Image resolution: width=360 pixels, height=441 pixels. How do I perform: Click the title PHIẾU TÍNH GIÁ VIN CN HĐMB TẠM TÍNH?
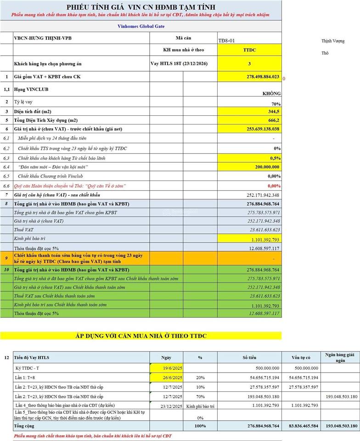141,7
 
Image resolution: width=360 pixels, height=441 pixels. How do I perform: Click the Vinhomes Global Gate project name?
141,26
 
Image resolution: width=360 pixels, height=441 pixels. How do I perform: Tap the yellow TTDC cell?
249,50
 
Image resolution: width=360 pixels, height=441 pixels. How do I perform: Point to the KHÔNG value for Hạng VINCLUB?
271,93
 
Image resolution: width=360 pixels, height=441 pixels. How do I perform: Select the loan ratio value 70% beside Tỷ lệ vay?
276,104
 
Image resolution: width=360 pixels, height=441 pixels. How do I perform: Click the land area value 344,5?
274,112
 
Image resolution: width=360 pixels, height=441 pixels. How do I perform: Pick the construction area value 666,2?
274,120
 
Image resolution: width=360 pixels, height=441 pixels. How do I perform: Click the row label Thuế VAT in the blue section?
23,230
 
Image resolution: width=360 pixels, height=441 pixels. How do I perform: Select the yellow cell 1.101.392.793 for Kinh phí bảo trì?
263,239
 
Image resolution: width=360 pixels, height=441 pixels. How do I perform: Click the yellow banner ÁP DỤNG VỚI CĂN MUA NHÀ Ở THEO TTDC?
141,336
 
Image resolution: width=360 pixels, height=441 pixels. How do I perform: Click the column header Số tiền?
249,357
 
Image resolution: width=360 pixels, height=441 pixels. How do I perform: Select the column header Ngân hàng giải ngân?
341,357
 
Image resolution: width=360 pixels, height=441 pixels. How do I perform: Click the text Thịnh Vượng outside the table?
333,41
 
